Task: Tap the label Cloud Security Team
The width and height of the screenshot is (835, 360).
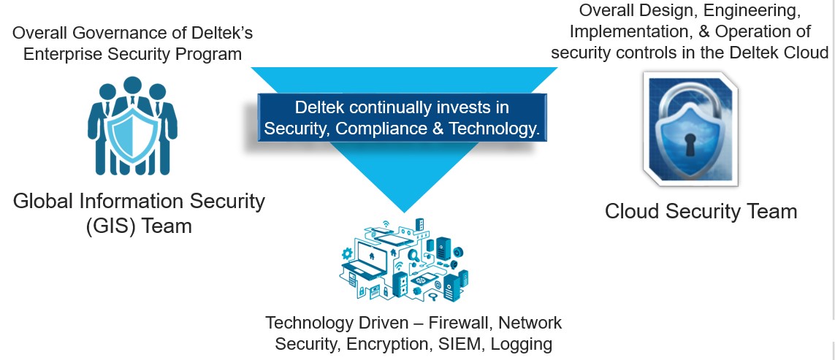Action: (701, 212)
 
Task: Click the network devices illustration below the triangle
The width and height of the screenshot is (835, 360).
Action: (403, 259)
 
